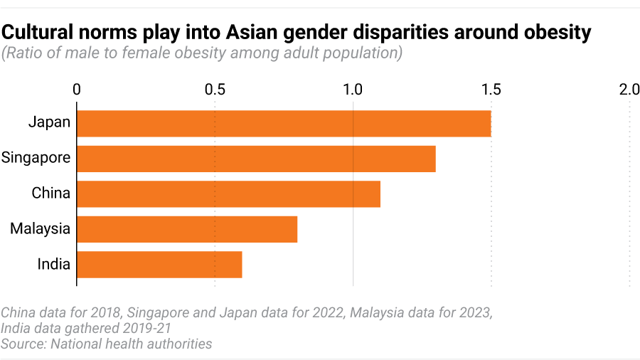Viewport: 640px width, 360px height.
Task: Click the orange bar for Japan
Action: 284,124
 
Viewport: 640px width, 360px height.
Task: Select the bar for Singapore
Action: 256,159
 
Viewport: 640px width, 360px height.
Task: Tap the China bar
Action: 228,194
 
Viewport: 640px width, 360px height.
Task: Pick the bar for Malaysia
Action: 187,229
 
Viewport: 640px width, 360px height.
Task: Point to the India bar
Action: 159,265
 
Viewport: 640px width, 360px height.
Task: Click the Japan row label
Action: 49,122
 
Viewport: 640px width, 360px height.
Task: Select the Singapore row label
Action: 36,157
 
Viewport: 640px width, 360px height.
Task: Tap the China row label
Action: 50,193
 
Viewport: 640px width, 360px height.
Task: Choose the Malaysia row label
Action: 40,228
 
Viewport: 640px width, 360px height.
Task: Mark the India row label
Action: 54,265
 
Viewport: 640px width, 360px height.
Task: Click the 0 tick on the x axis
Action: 77,90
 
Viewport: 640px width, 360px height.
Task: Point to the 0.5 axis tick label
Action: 215,90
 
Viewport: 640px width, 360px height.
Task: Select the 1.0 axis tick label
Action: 353,90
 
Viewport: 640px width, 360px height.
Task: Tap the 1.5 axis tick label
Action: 491,90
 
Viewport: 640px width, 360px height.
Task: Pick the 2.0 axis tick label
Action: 629,90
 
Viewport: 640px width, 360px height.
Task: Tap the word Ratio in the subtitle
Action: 26,53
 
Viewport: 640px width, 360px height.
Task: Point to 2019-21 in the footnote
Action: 149,328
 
